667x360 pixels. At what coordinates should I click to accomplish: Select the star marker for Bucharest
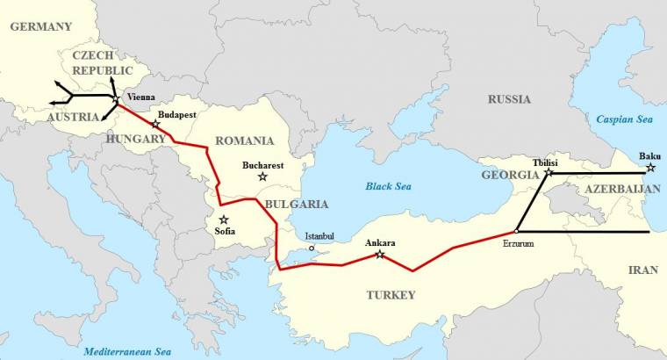(x=262, y=176)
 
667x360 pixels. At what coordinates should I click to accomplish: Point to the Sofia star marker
(x=224, y=220)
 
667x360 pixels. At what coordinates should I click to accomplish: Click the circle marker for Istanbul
(x=312, y=248)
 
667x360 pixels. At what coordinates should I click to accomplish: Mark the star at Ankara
(x=380, y=255)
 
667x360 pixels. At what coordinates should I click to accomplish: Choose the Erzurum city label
(x=518, y=242)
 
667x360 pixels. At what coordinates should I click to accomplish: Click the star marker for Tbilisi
(x=549, y=173)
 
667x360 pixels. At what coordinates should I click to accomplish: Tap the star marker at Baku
(x=650, y=167)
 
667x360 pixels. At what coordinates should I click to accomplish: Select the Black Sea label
(x=389, y=186)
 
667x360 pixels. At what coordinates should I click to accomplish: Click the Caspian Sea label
(x=627, y=119)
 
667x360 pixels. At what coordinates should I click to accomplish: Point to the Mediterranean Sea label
(x=127, y=352)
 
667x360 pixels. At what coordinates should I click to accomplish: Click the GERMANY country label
(x=39, y=26)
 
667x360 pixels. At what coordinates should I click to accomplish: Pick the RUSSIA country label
(x=510, y=99)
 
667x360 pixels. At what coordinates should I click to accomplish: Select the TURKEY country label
(x=391, y=295)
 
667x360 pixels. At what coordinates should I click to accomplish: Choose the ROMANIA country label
(x=245, y=140)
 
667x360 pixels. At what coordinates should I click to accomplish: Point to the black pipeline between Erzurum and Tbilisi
(x=533, y=202)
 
